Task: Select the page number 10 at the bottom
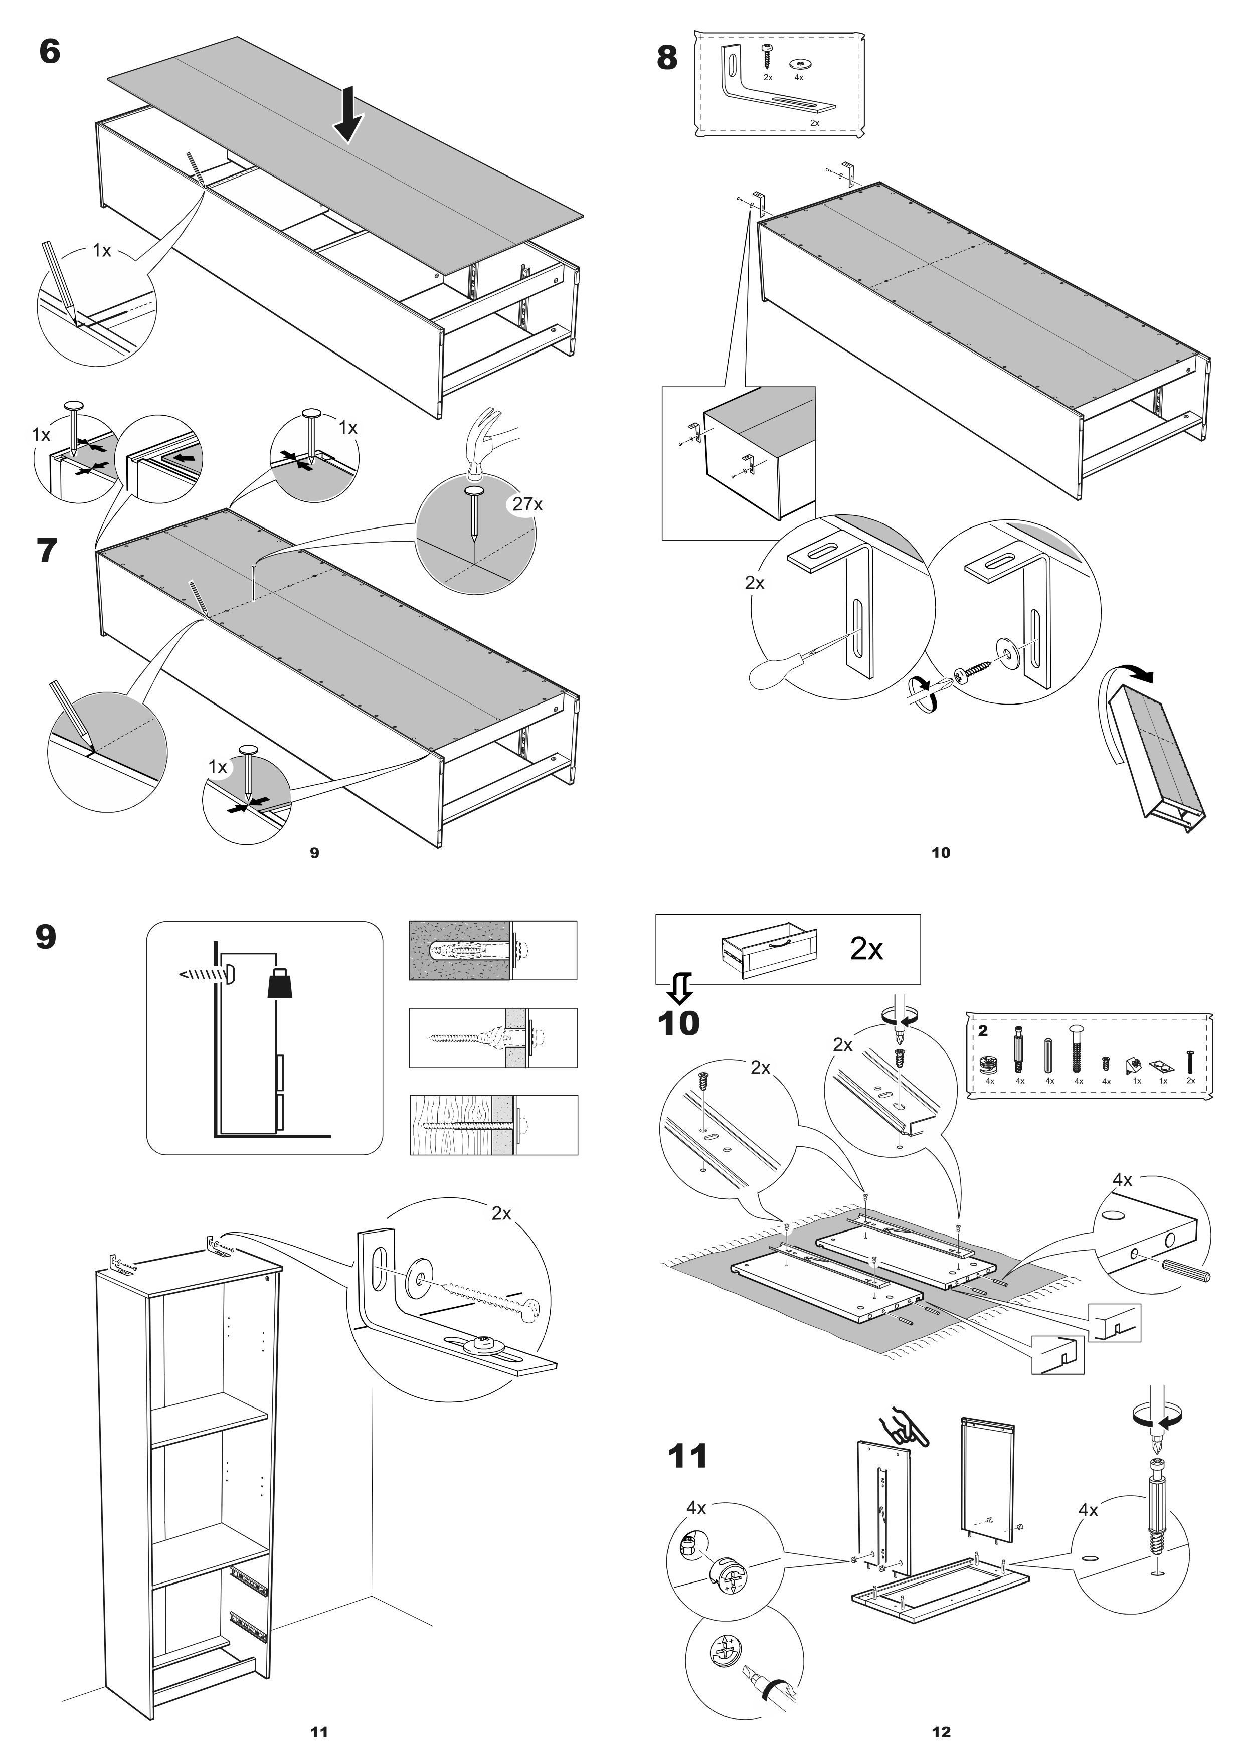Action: (x=941, y=853)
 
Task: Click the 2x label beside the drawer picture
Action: (x=866, y=949)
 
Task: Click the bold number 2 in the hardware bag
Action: (x=983, y=1031)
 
